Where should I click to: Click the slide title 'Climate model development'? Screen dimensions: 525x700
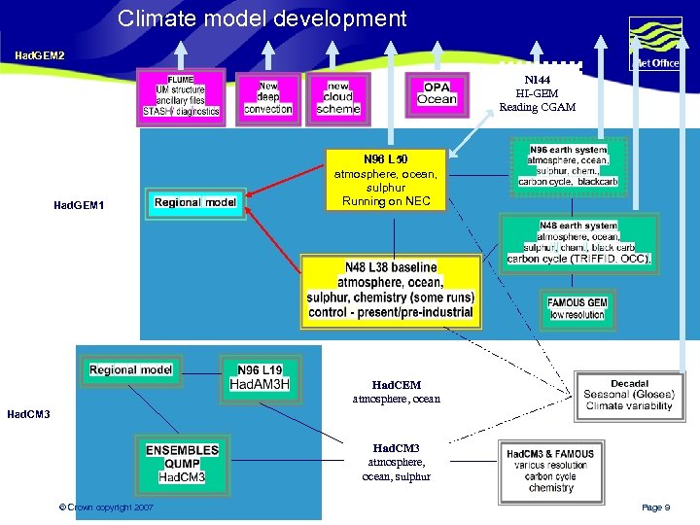pos(262,17)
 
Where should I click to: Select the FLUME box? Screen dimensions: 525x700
pos(181,95)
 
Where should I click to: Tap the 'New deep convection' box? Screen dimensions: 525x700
pos(268,97)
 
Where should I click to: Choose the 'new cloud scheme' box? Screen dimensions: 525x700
pos(338,97)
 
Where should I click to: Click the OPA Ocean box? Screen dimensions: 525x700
pos(437,93)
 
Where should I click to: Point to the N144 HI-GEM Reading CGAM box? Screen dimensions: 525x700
pos(538,93)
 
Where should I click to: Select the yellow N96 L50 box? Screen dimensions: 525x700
pos(386,179)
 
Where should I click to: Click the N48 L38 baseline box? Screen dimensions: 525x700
pos(391,290)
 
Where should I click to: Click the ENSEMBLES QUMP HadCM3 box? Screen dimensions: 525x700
pos(182,464)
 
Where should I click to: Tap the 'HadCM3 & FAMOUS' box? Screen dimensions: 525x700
pos(550,470)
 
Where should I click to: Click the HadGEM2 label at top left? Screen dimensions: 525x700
pos(40,55)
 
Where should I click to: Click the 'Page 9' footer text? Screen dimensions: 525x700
pos(655,507)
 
